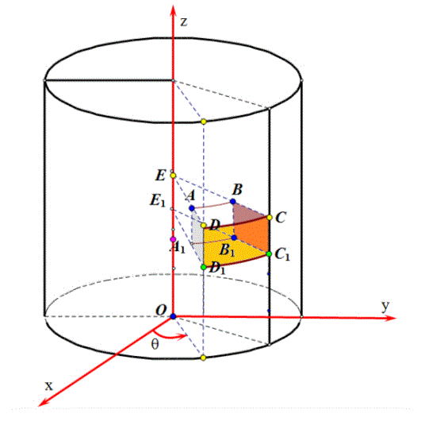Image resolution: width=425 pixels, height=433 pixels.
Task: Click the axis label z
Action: (x=184, y=21)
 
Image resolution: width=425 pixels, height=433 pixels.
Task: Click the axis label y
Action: (x=385, y=306)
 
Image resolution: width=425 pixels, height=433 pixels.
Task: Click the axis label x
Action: (x=49, y=386)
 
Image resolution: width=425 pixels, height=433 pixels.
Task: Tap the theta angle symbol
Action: (x=155, y=344)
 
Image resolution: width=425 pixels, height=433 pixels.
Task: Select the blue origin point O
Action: (x=173, y=316)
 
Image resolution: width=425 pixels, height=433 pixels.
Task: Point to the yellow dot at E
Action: (x=173, y=176)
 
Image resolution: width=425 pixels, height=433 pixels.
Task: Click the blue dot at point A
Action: (x=192, y=208)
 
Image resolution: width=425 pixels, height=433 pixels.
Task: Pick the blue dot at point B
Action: (x=233, y=201)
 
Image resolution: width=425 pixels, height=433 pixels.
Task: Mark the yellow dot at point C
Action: (x=270, y=218)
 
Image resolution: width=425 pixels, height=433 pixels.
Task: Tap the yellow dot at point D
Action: (x=204, y=226)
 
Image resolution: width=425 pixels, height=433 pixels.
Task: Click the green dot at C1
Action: (x=270, y=253)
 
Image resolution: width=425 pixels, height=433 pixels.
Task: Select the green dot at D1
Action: (x=204, y=267)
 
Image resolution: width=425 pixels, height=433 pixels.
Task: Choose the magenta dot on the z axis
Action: (x=173, y=239)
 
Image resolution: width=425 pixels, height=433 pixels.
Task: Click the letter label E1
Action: (x=158, y=200)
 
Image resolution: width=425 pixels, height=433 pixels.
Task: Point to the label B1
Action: (x=227, y=250)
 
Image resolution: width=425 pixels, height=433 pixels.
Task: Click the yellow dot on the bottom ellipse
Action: (x=204, y=358)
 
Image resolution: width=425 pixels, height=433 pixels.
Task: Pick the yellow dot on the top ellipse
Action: (x=204, y=122)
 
